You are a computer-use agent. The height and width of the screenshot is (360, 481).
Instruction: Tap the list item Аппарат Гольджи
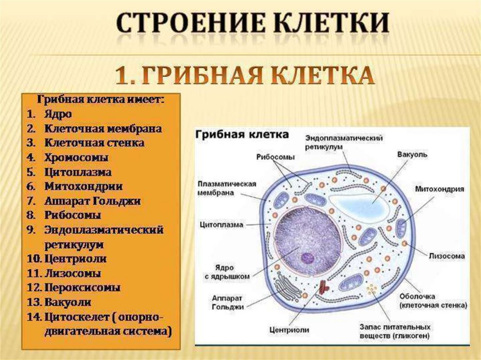click(x=93, y=201)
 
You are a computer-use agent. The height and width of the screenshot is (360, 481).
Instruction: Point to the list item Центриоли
click(x=76, y=258)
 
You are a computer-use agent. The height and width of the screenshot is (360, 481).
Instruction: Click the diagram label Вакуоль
click(x=412, y=154)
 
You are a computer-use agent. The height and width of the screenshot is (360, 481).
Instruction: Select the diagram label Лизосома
click(x=446, y=256)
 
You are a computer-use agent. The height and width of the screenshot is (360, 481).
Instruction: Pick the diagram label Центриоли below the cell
click(x=289, y=330)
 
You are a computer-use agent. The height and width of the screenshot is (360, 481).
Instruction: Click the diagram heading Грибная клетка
click(x=241, y=135)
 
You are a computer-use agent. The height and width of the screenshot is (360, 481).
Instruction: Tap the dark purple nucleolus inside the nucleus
click(x=308, y=258)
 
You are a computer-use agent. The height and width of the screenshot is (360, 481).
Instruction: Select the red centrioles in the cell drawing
click(x=324, y=286)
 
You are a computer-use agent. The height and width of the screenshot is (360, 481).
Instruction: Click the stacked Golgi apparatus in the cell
click(x=287, y=287)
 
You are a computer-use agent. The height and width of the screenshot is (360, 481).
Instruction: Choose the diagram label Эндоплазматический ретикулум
click(x=343, y=142)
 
